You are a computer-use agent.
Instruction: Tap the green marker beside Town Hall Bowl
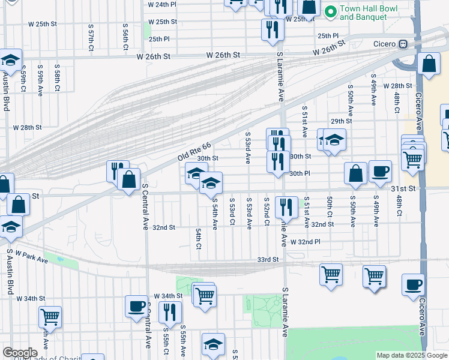(330, 11)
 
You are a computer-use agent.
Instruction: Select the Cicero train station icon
(404, 44)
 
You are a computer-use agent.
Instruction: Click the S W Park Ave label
(27, 257)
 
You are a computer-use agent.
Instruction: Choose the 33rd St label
(268, 259)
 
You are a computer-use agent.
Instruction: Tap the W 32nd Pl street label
(305, 242)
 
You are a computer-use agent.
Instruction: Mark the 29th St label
(340, 121)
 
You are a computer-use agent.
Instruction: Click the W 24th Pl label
(162, 4)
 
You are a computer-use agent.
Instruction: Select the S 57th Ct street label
(91, 37)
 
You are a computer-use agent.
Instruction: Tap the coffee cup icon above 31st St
(379, 171)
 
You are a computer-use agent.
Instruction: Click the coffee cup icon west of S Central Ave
(136, 305)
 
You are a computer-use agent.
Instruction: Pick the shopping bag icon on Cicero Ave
(429, 64)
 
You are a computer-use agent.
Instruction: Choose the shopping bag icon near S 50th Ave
(355, 173)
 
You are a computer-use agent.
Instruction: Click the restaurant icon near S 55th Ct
(170, 312)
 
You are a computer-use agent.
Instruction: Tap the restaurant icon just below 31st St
(286, 208)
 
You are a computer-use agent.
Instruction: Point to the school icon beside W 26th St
(11, 60)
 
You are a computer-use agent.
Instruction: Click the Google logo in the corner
(20, 353)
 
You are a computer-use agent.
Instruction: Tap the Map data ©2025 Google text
(411, 355)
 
